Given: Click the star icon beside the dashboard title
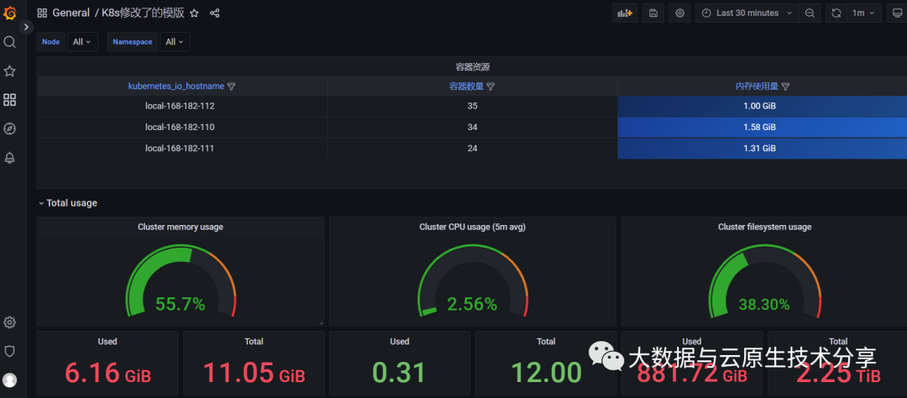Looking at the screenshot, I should [195, 13].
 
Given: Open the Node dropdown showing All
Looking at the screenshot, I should [82, 42].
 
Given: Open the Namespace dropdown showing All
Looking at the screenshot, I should [176, 42].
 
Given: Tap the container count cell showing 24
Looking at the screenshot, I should [471, 148].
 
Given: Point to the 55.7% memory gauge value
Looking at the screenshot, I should [180, 304].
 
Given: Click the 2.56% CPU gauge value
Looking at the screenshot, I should [472, 304].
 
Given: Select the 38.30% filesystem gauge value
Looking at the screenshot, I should [764, 304].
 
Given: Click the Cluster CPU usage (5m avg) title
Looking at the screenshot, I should [472, 227].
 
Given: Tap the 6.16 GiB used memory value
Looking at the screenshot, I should [107, 372].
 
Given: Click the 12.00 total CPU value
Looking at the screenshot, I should [546, 372].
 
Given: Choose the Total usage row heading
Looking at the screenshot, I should [71, 202].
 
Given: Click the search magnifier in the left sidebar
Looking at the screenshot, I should [10, 42].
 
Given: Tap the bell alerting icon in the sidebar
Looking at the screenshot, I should [10, 158].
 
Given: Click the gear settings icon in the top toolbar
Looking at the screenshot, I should [680, 13].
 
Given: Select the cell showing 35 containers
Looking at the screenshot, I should [471, 106].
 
